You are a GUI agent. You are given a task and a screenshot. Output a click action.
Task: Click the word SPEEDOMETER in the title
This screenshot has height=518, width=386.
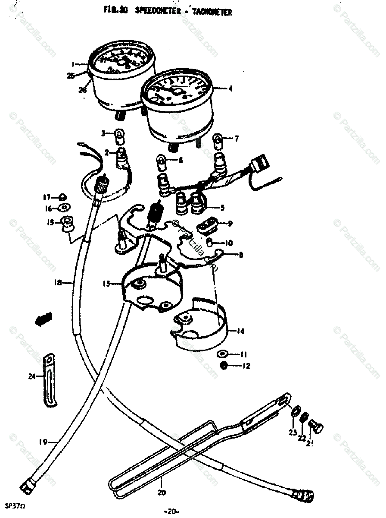click(x=156, y=11)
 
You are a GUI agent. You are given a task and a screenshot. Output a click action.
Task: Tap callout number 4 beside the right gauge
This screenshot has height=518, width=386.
click(x=230, y=89)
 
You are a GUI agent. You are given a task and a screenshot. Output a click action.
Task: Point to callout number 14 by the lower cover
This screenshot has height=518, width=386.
click(x=240, y=331)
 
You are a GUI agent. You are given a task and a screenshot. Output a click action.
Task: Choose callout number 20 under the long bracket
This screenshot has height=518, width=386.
click(x=162, y=492)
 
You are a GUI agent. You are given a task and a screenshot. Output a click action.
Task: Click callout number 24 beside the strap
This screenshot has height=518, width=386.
click(x=31, y=376)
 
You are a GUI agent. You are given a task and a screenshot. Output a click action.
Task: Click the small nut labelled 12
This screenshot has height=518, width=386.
click(x=224, y=366)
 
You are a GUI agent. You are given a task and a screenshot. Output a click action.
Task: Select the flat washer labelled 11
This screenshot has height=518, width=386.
click(x=223, y=354)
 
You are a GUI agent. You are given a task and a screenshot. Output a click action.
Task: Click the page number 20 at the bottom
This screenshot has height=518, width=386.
click(x=172, y=512)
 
